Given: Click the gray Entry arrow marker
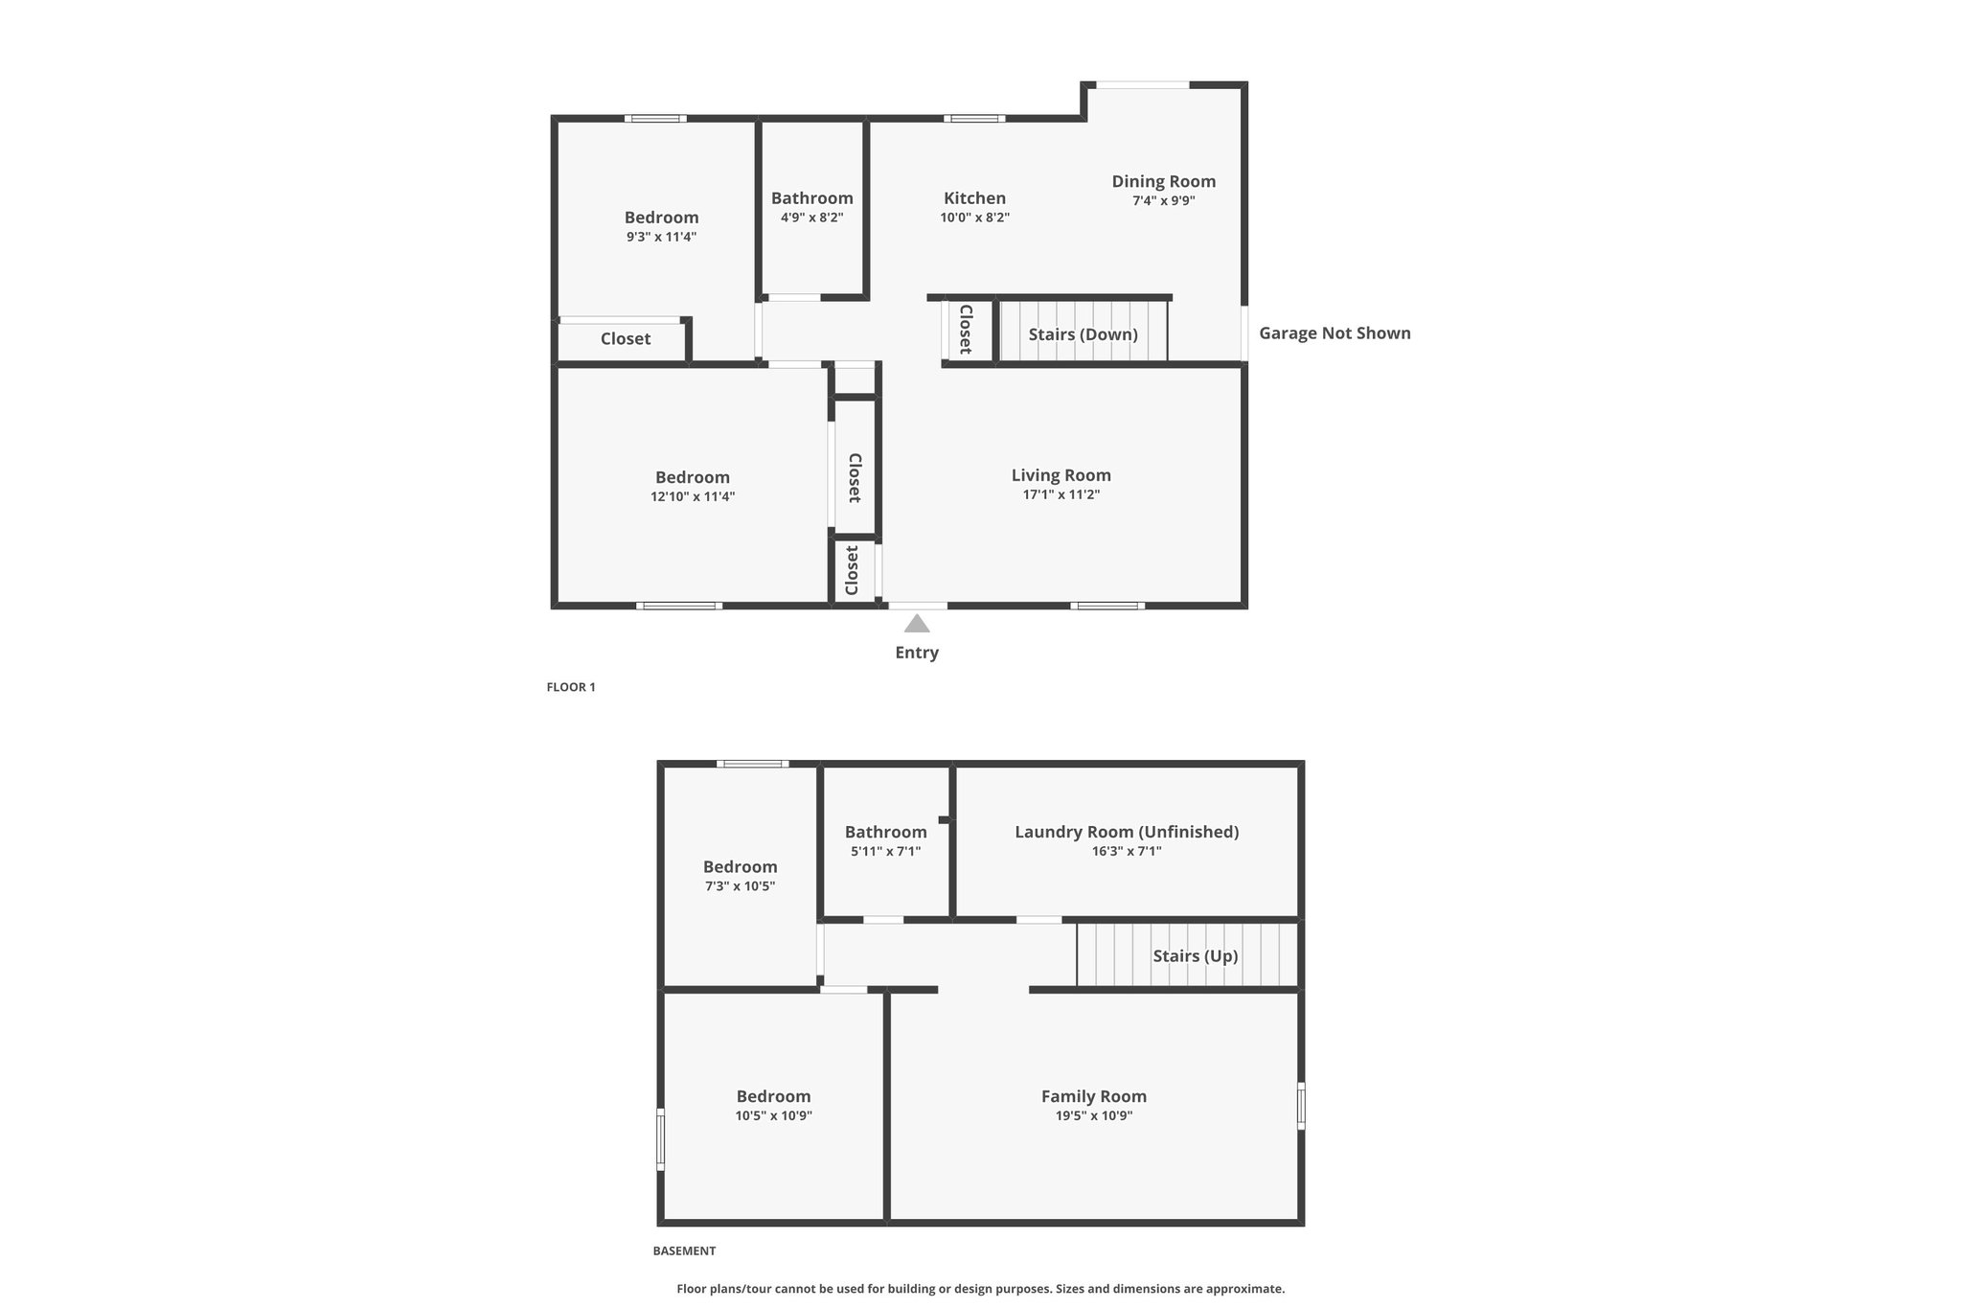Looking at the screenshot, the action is pyautogui.click(x=917, y=624).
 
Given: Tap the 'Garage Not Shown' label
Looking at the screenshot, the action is pyautogui.click(x=1335, y=333).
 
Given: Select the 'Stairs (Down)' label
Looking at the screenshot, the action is pyautogui.click(x=1084, y=334).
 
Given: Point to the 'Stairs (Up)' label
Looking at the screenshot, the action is pyautogui.click(x=1196, y=956).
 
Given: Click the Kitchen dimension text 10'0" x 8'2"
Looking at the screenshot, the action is pyautogui.click(x=975, y=218).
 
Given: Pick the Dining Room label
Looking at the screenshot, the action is pyautogui.click(x=1164, y=181).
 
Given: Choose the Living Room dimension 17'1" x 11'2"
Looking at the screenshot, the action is pyautogui.click(x=1061, y=494).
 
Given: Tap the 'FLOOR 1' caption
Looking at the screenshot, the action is pyautogui.click(x=571, y=687).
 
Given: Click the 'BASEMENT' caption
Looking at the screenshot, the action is pyautogui.click(x=684, y=1251).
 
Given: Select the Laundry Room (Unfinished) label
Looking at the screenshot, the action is pyautogui.click(x=1127, y=832).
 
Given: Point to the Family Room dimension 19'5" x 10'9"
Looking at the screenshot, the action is pyautogui.click(x=1094, y=1115).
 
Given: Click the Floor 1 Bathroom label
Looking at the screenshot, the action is pyautogui.click(x=812, y=198).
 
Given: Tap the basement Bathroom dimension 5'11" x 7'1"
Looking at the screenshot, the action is pyautogui.click(x=886, y=851).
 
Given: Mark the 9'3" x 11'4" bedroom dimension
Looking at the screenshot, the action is pyautogui.click(x=662, y=237).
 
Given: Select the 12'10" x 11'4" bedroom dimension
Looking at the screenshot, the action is pyautogui.click(x=693, y=496).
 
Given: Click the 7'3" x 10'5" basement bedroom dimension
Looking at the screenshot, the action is pyautogui.click(x=741, y=886).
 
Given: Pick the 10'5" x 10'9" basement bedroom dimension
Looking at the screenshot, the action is pyautogui.click(x=774, y=1115).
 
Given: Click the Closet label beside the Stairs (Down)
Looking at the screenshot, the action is pyautogui.click(x=966, y=330).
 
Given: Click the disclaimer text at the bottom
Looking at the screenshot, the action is pyautogui.click(x=981, y=1289).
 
